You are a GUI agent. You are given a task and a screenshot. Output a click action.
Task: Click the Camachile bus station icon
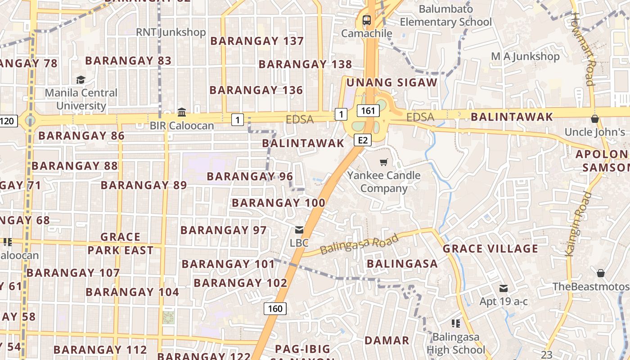367,20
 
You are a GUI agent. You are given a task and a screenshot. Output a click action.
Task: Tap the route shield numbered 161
368,111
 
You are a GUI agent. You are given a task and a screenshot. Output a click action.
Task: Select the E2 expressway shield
363,140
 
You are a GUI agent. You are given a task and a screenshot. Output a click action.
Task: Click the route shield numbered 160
275,308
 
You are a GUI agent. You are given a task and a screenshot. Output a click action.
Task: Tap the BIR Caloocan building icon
182,112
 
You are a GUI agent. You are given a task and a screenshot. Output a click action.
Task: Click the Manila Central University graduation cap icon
81,80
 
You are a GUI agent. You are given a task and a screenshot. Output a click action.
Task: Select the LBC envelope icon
299,230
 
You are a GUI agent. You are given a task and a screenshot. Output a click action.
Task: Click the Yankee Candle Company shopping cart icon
383,162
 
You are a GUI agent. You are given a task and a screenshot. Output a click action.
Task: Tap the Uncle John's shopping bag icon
594,119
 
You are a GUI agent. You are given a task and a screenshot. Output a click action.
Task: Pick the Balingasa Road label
359,244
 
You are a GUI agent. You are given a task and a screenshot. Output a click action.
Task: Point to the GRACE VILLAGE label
490,249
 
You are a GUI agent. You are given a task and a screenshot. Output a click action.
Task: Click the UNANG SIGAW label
391,82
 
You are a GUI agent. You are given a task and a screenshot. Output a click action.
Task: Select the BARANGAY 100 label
278,203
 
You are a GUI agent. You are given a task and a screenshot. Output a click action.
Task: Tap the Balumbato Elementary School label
445,15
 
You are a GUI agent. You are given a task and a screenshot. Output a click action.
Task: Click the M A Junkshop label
525,56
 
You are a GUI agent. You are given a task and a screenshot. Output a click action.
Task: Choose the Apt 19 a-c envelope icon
503,288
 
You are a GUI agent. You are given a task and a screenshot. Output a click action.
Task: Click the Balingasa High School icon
455,323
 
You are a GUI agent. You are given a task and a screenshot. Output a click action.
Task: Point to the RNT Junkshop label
171,32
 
